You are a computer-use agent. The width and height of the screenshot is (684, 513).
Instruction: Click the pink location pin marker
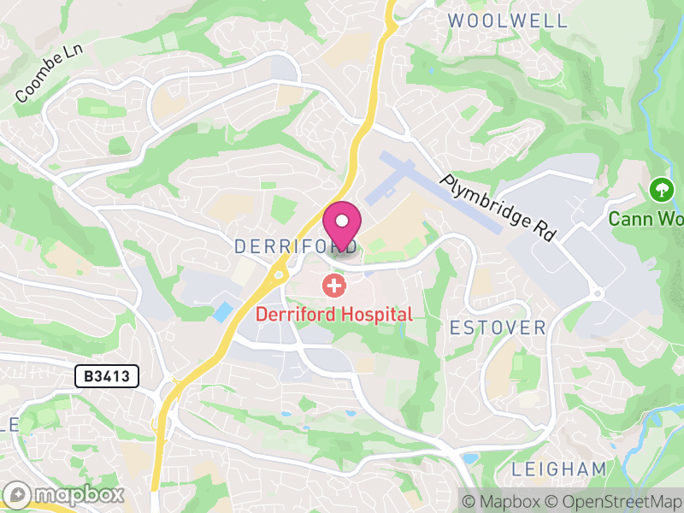[342, 225]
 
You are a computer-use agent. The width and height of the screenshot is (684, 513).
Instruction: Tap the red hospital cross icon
[333, 286]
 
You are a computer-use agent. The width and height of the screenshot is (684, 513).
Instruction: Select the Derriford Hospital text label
[334, 314]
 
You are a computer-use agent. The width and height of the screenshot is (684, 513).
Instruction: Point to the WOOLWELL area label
[507, 21]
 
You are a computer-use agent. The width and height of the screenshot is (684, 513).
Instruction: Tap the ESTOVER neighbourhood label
[498, 327]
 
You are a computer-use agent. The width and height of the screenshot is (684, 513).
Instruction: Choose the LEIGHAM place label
[559, 469]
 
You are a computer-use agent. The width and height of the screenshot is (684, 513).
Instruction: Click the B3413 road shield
[107, 375]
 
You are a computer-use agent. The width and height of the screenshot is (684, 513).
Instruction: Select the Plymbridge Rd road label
[498, 208]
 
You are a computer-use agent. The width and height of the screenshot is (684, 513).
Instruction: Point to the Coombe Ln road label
[49, 76]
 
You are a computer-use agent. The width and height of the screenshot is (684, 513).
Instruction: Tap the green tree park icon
[660, 188]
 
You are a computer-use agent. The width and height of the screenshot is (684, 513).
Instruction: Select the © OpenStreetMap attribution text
[612, 501]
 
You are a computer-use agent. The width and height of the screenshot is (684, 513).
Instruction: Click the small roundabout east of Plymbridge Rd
[597, 294]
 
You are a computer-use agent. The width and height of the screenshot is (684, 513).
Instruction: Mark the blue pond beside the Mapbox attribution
[469, 459]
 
